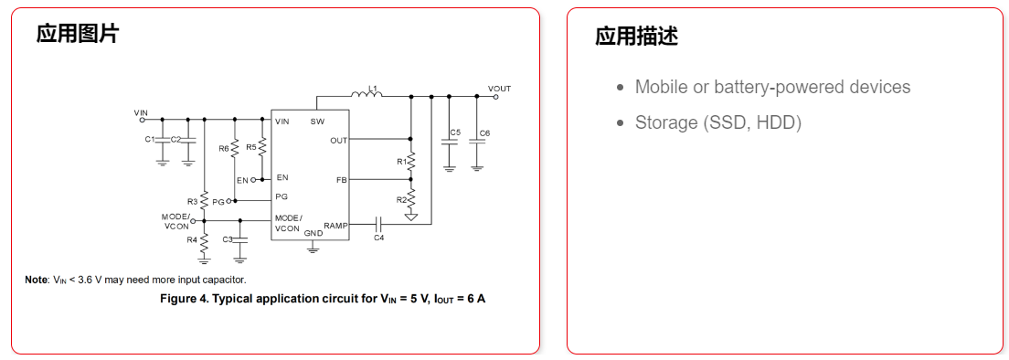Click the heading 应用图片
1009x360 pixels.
78,35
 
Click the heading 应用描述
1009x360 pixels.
636,37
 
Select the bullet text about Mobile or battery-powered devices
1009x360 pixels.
772,87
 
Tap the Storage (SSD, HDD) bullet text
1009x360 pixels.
717,122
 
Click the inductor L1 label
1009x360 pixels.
372,88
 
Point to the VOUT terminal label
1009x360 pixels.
499,89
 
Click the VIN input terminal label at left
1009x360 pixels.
141,112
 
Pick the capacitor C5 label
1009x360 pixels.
455,132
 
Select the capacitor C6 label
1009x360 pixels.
484,132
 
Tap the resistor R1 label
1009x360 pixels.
401,161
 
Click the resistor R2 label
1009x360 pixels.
401,199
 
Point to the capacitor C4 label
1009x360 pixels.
378,238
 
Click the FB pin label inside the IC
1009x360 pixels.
341,180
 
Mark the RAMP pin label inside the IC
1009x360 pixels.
335,224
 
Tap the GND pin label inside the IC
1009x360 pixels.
313,233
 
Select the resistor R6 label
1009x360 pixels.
224,147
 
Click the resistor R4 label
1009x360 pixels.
192,239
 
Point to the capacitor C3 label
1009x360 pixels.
228,239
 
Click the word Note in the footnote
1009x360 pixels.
36,280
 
